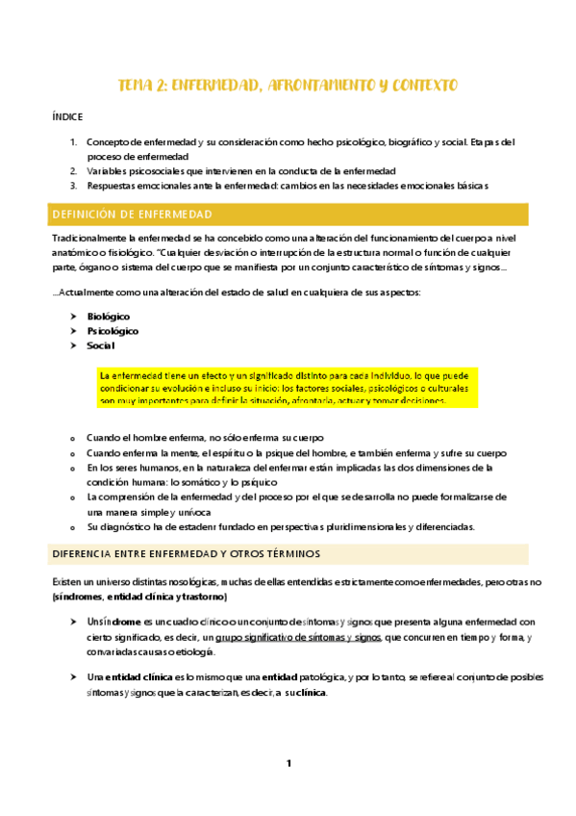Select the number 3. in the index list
tap(74, 186)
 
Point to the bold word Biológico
tap(108, 316)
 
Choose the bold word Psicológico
tap(113, 330)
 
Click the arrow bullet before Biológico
tap(74, 316)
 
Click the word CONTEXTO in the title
tap(419, 86)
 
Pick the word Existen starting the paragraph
tap(68, 581)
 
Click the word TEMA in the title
tap(134, 86)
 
